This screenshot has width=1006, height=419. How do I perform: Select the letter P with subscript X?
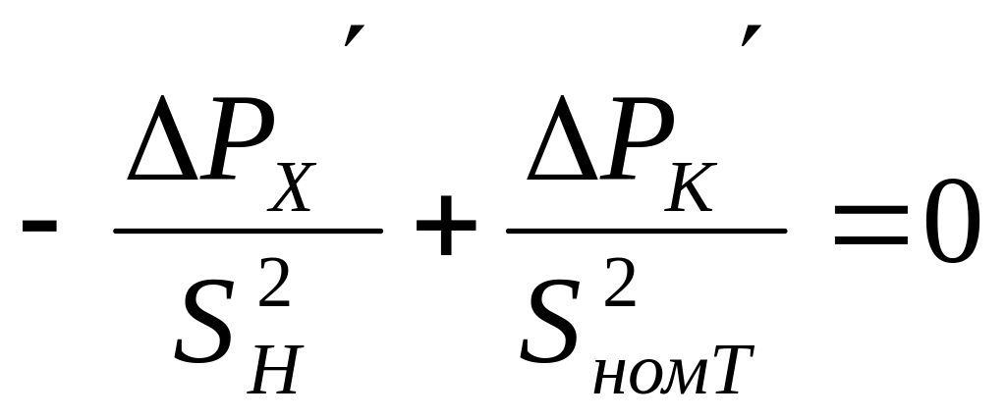click(x=233, y=150)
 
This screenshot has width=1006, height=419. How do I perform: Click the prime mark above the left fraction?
click(x=349, y=36)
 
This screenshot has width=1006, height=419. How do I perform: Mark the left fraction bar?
click(x=248, y=232)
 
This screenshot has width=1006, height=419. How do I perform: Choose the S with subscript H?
click(x=209, y=323)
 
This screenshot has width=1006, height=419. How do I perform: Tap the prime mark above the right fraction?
click(x=750, y=36)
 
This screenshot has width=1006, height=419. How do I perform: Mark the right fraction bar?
click(x=645, y=232)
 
